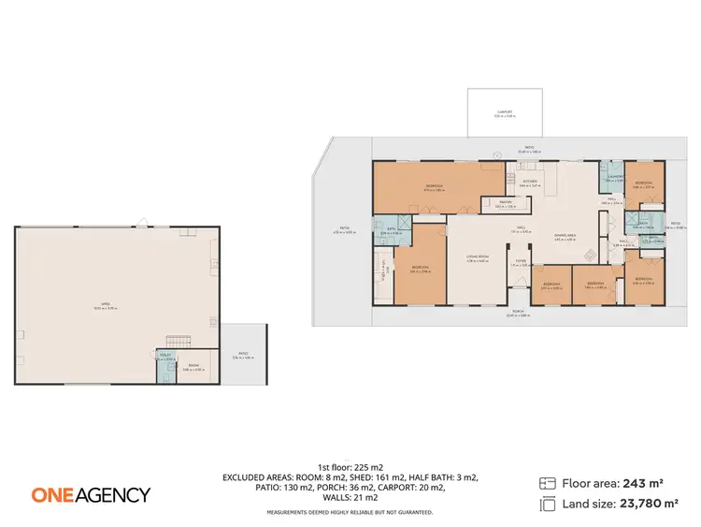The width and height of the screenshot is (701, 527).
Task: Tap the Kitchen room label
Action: (x=530, y=183)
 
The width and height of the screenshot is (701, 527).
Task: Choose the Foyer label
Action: (x=521, y=264)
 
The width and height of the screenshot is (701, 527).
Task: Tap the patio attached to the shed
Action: (x=243, y=354)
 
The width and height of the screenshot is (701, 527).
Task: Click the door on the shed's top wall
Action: (x=141, y=223)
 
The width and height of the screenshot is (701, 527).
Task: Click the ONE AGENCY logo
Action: (x=90, y=494)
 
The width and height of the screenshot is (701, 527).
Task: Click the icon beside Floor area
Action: (x=548, y=483)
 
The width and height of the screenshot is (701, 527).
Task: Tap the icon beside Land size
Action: (x=548, y=505)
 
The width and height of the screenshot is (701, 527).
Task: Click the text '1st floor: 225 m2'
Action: (x=350, y=465)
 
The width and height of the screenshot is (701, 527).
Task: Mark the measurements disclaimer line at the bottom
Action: (x=350, y=512)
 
